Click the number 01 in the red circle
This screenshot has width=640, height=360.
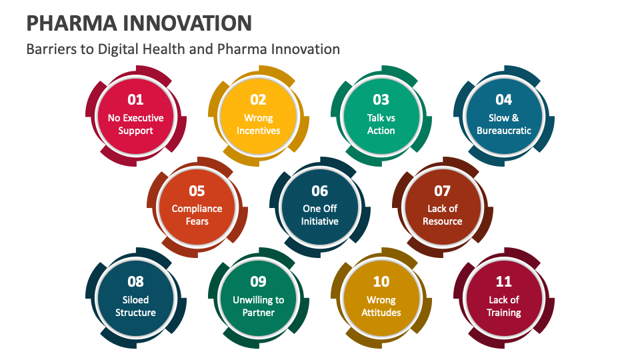point(135,100)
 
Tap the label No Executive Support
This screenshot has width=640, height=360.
point(136,124)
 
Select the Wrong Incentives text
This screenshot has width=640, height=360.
point(258,124)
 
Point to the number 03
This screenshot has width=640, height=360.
point(381,100)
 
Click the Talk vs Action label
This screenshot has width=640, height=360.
point(381,124)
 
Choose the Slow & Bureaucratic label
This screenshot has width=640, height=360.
point(503,124)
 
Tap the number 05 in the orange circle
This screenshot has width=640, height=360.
point(197,191)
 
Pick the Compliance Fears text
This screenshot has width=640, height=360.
point(197,215)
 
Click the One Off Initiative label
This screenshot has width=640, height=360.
point(319,215)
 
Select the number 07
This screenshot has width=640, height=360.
point(442,191)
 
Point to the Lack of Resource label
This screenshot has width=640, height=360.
point(442,215)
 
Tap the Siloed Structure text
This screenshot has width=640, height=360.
point(135,306)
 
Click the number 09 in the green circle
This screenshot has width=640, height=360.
point(258,282)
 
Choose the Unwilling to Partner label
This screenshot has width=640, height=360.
point(258,306)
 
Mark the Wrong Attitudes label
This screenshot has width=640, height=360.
point(381,306)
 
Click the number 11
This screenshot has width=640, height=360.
point(503,282)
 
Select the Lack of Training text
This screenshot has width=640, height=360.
point(503,306)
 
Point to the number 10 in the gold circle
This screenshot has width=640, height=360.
point(381,282)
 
